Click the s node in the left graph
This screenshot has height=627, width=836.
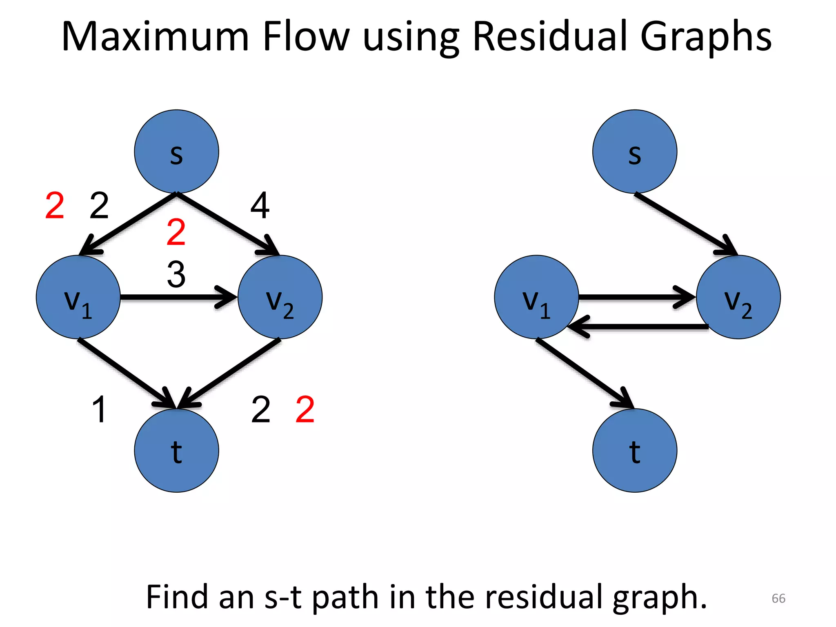pos(176,152)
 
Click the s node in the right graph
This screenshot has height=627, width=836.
pos(634,152)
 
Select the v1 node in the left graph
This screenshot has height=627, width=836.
pos(78,297)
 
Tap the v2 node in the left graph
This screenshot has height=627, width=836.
pos(280,297)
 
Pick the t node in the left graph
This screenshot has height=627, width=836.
pos(176,451)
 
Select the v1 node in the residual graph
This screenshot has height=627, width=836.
pos(536,297)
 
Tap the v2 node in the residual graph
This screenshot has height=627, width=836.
pos(738,297)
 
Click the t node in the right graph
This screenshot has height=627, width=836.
pos(634,451)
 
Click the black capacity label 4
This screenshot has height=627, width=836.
pos(260,206)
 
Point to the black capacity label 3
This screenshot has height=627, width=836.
pos(176,274)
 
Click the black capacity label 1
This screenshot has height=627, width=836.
pos(99,409)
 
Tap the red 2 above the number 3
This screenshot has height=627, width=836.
pos(176,232)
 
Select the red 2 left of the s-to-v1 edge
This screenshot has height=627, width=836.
pos(55,206)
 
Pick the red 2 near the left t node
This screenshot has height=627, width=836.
pos(305,409)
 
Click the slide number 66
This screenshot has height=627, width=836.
pos(778,598)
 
